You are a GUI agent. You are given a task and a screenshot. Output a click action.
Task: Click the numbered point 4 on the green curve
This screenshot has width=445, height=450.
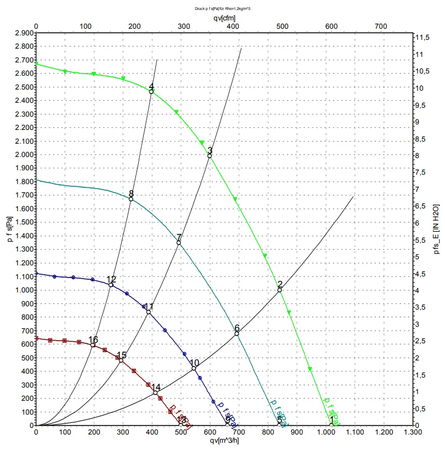151,92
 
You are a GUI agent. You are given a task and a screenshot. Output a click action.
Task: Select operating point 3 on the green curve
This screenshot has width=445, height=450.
210,156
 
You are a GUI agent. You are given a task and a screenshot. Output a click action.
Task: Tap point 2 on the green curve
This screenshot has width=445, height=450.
280,290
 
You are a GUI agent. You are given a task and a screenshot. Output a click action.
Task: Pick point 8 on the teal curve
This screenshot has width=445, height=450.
131,199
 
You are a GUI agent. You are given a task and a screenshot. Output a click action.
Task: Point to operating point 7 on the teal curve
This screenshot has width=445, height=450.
179,243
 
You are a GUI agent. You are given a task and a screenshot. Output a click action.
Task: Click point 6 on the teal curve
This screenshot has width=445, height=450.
237,333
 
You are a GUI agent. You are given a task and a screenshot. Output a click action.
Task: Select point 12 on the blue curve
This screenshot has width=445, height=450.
111,285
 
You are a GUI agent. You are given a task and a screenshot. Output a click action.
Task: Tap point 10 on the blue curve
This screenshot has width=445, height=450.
194,368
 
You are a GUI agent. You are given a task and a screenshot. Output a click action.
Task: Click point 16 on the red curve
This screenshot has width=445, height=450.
93,345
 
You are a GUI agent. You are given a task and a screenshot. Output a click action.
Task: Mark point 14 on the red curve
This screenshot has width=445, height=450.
155,393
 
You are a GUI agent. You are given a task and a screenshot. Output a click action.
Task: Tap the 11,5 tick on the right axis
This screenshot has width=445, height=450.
422,37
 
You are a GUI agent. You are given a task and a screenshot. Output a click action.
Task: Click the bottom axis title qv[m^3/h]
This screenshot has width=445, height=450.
224,441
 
